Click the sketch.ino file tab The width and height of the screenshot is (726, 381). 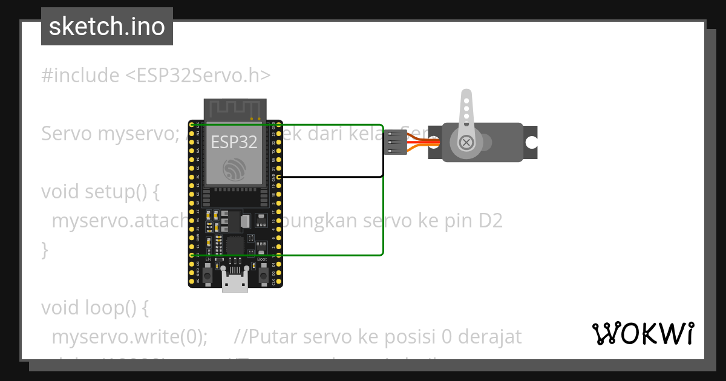(x=107, y=27)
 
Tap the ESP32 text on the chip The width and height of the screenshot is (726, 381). (x=234, y=142)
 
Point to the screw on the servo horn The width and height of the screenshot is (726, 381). (x=466, y=143)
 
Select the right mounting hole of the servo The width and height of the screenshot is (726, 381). (x=531, y=143)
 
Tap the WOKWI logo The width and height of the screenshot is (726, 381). (x=643, y=333)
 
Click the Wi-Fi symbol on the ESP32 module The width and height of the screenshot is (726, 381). (x=234, y=169)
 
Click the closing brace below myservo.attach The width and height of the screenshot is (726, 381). (x=44, y=249)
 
